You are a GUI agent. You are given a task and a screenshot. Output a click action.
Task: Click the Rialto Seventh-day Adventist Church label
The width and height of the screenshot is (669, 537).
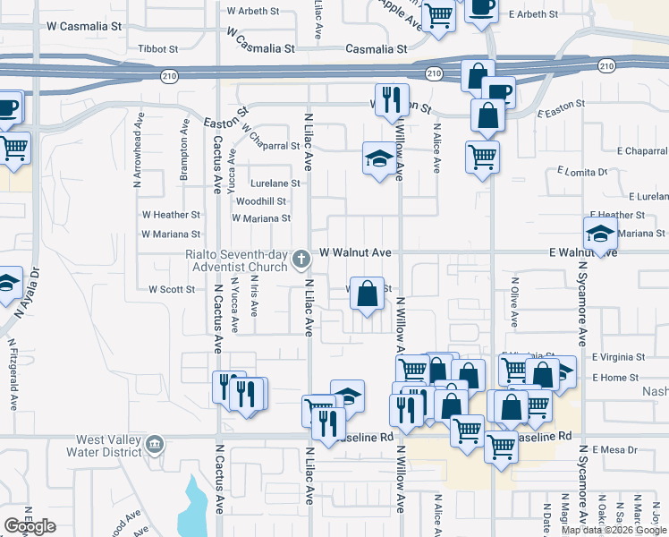(x=236, y=260)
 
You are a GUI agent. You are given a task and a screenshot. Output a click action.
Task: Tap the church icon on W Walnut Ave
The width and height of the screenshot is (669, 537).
(x=301, y=260)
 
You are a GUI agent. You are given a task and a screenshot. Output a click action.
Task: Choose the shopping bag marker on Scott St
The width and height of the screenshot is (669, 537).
(x=367, y=294)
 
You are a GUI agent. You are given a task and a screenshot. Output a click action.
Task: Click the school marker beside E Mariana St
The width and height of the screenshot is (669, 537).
(x=599, y=234)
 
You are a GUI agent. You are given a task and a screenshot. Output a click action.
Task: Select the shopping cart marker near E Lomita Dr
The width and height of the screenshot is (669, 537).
(x=482, y=157)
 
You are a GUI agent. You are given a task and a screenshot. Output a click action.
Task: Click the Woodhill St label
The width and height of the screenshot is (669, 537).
(x=261, y=201)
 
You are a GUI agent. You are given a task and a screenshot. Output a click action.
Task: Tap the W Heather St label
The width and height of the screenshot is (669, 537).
(x=171, y=215)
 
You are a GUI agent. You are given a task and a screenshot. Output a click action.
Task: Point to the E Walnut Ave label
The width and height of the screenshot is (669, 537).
(x=583, y=253)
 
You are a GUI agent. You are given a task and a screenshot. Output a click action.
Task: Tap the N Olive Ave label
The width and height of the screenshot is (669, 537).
(x=514, y=306)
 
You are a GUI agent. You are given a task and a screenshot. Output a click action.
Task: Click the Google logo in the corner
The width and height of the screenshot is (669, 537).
(x=30, y=525)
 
